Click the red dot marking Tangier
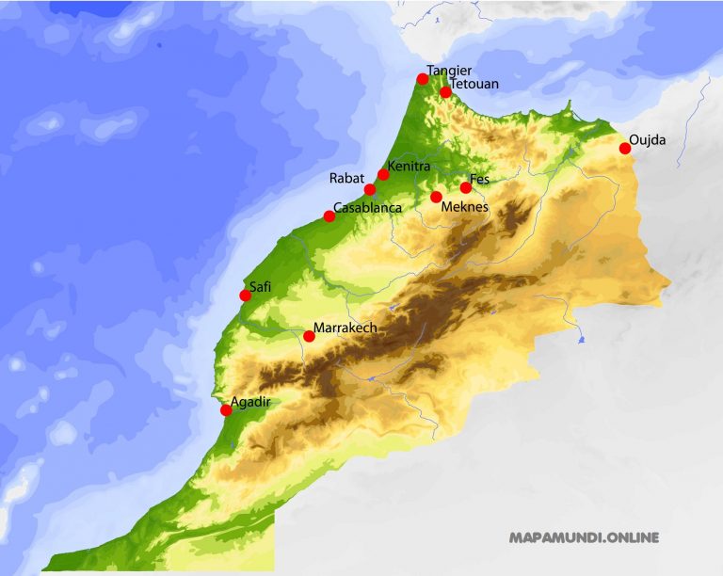pos(423,79)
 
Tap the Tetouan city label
pos(474,85)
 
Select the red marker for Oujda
pos(625,148)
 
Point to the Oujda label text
pos(647,140)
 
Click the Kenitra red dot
pos(383,174)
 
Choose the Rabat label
pos(345,178)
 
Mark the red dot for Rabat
pos(370,189)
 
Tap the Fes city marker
pos(466,187)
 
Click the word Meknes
pos(466,206)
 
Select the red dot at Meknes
pos(436,197)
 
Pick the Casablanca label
pos(368,207)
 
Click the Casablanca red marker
pos(329,216)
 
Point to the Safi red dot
pos(246,296)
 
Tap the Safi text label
pos(260,287)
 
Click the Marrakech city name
pos(345,328)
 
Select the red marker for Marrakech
pos(309,336)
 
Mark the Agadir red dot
pos(226,410)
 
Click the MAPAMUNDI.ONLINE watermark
pos(584,538)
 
